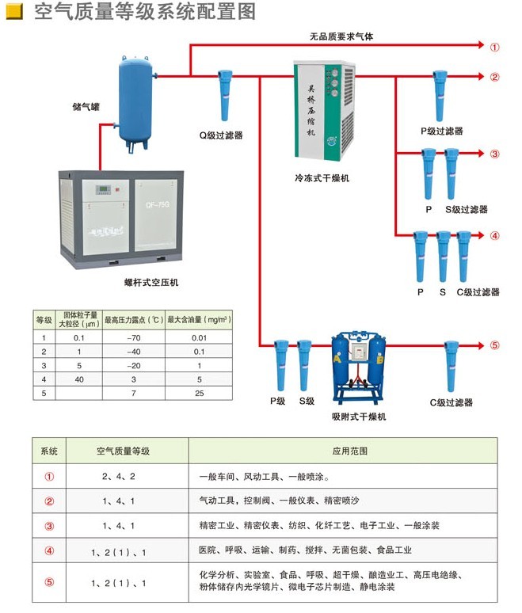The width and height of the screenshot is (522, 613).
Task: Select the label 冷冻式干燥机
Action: tap(321, 178)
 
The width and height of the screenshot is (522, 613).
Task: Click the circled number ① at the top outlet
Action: tap(495, 47)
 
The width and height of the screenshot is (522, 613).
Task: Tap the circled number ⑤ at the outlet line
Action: tap(495, 345)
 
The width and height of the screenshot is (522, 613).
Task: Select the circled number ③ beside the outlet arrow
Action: tap(495, 154)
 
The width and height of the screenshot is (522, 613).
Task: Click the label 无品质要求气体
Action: tap(341, 36)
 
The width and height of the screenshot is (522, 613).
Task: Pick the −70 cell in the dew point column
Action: tap(132, 338)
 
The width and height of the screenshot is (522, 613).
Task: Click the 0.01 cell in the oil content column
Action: tap(198, 338)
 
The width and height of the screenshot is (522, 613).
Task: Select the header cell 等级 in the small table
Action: tap(44, 320)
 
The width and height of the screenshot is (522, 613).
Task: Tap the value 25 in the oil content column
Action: tap(198, 393)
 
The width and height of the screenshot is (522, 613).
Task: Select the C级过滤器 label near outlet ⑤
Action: tap(452, 402)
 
